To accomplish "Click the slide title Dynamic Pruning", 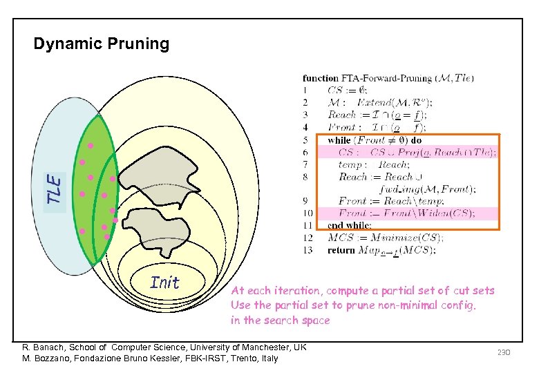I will click(x=102, y=44).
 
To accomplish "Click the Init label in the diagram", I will click(x=164, y=283).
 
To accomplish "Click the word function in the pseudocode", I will click(x=321, y=78).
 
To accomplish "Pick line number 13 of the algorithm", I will click(x=308, y=250).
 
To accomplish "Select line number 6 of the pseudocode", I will click(x=305, y=153).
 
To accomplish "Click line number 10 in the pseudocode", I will click(x=308, y=213).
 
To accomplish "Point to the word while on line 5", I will click(x=339, y=140).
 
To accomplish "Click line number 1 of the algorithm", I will click(x=305, y=90).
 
